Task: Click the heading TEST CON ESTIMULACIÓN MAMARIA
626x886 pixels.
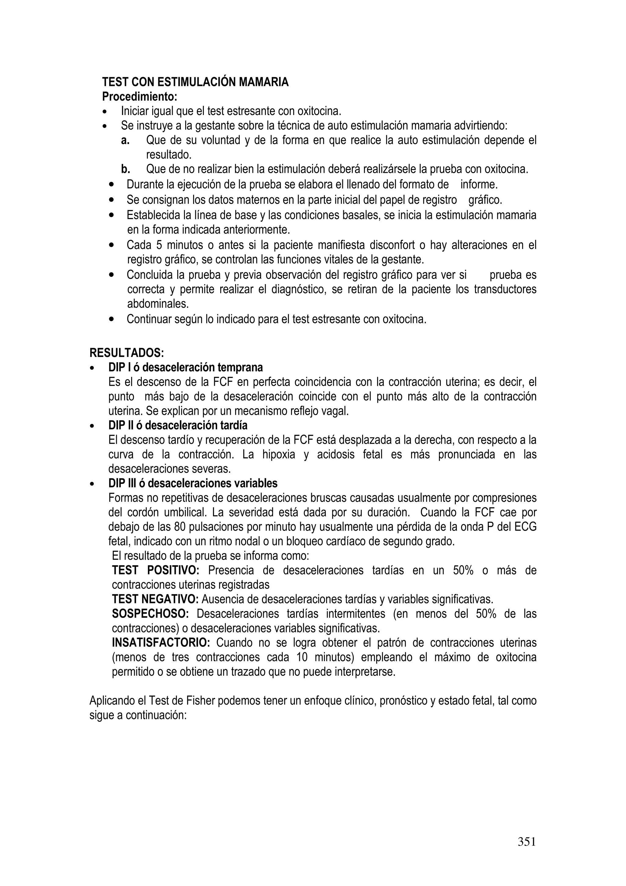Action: coord(195,82)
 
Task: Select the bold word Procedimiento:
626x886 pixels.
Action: coord(140,96)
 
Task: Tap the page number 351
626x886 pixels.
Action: coord(526,842)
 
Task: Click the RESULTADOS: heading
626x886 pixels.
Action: coord(127,353)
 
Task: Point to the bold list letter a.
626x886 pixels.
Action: coord(125,140)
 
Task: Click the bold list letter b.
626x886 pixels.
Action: coord(125,169)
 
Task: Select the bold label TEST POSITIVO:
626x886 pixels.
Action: coord(156,570)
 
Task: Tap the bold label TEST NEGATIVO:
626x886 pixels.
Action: coord(155,599)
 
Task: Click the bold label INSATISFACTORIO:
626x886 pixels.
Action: coord(160,643)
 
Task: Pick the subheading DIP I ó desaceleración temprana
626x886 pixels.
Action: coord(186,367)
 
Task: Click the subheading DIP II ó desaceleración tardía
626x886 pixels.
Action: coord(178,425)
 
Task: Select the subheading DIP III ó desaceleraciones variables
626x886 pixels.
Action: coord(193,484)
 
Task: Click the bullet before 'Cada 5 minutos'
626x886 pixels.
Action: coord(112,245)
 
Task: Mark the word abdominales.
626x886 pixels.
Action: coord(158,304)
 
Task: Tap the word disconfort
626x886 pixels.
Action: coord(392,245)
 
